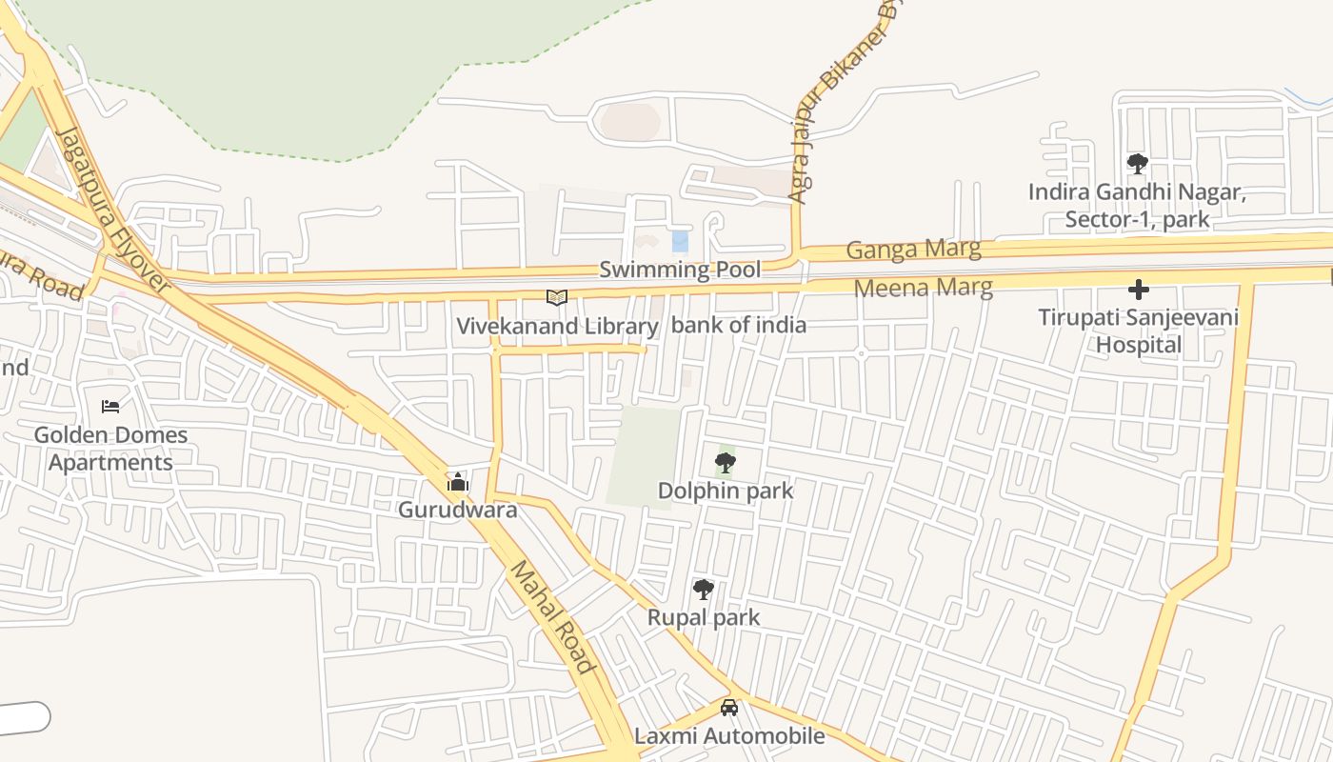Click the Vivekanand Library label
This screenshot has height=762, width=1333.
point(557,327)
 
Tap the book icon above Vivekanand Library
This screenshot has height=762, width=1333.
point(557,298)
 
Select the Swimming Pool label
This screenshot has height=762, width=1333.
point(680,270)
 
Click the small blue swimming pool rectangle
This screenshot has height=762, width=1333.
point(680,241)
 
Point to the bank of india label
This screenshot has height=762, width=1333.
point(739,325)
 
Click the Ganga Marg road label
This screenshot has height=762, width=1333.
point(913,250)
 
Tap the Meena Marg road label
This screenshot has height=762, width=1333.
point(923,287)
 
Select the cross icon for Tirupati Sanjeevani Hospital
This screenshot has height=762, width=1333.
point(1138,289)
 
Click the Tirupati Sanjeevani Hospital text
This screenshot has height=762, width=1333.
point(1138,331)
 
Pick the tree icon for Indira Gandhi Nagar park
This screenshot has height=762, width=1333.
point(1137,164)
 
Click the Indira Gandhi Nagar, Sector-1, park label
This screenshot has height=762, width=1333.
point(1137,206)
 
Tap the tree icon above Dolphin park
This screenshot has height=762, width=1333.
point(726,464)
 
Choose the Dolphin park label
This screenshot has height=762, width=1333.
point(726,491)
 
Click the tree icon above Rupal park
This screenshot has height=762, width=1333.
point(704,590)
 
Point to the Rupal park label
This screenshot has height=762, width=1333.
point(704,617)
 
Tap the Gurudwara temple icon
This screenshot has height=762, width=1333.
point(458,482)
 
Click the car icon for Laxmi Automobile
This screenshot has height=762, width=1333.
point(729,708)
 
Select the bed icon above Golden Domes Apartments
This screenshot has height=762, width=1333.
point(110,407)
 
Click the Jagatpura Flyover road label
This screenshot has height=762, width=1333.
point(111,210)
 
